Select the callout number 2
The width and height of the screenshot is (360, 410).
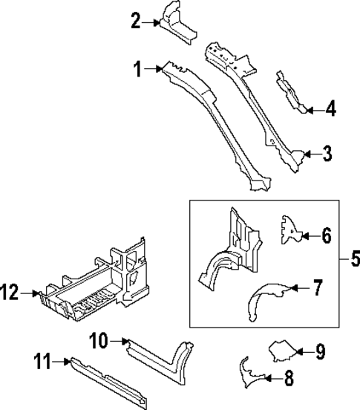pyautogui.click(x=135, y=21)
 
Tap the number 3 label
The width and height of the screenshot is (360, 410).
pyautogui.click(x=327, y=154)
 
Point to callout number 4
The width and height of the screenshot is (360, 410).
pyautogui.click(x=330, y=109)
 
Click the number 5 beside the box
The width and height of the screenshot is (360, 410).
pyautogui.click(x=354, y=259)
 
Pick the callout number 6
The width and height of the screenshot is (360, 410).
pyautogui.click(x=326, y=236)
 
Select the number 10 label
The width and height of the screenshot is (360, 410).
pyautogui.click(x=99, y=341)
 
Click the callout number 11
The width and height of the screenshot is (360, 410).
pyautogui.click(x=43, y=362)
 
